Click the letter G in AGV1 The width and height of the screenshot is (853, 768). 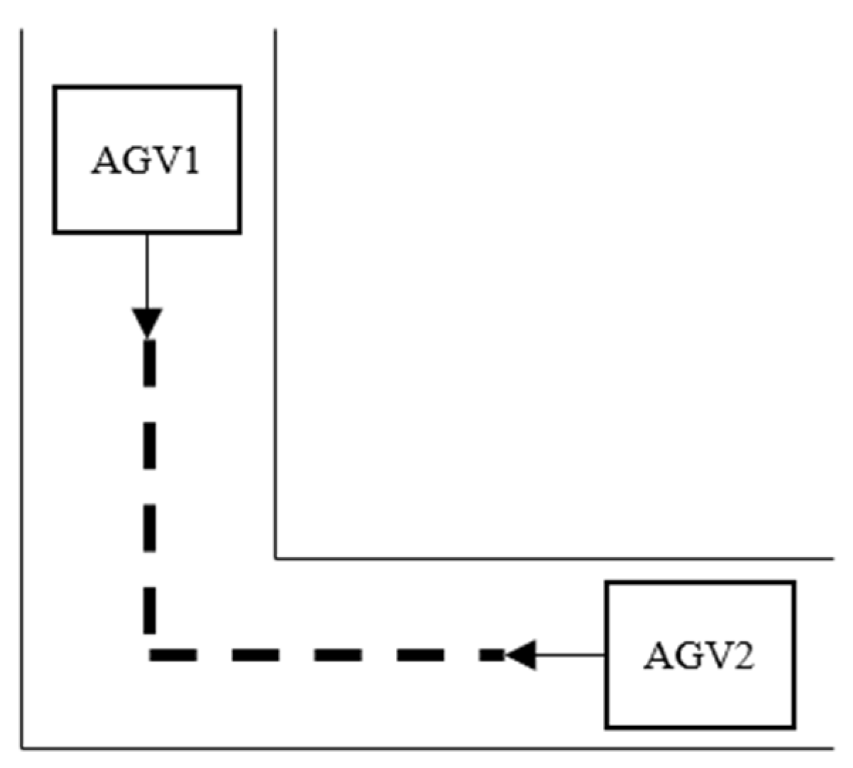click(x=136, y=161)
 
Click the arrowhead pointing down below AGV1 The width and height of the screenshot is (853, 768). click(x=148, y=322)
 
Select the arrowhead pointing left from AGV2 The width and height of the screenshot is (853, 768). click(x=520, y=654)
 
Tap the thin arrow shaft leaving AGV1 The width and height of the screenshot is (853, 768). click(x=147, y=270)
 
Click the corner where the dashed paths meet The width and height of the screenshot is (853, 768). click(x=150, y=654)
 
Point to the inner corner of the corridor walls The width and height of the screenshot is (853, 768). click(x=275, y=559)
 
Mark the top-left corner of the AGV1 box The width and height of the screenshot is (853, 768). click(x=55, y=87)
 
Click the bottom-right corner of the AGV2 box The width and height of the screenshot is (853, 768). click(x=793, y=728)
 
